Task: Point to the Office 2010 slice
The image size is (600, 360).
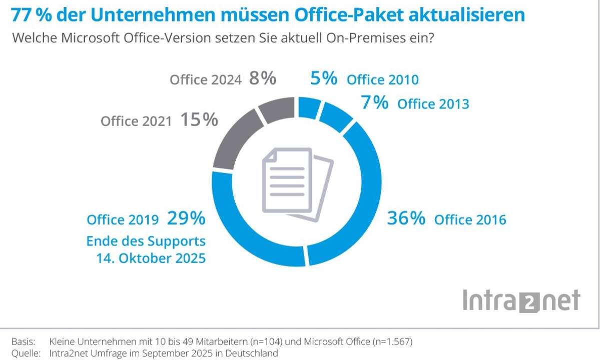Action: coord(309,107)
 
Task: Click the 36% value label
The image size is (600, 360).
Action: coord(406,218)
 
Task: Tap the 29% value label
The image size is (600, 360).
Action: coord(186,218)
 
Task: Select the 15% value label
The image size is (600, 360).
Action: coord(199,120)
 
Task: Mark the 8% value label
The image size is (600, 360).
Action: coord(263,78)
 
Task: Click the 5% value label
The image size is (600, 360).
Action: coord(324,78)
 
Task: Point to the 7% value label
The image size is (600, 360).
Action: coord(375,103)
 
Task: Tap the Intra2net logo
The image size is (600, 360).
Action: coord(521,301)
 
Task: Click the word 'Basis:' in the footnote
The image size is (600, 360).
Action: coord(23,342)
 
